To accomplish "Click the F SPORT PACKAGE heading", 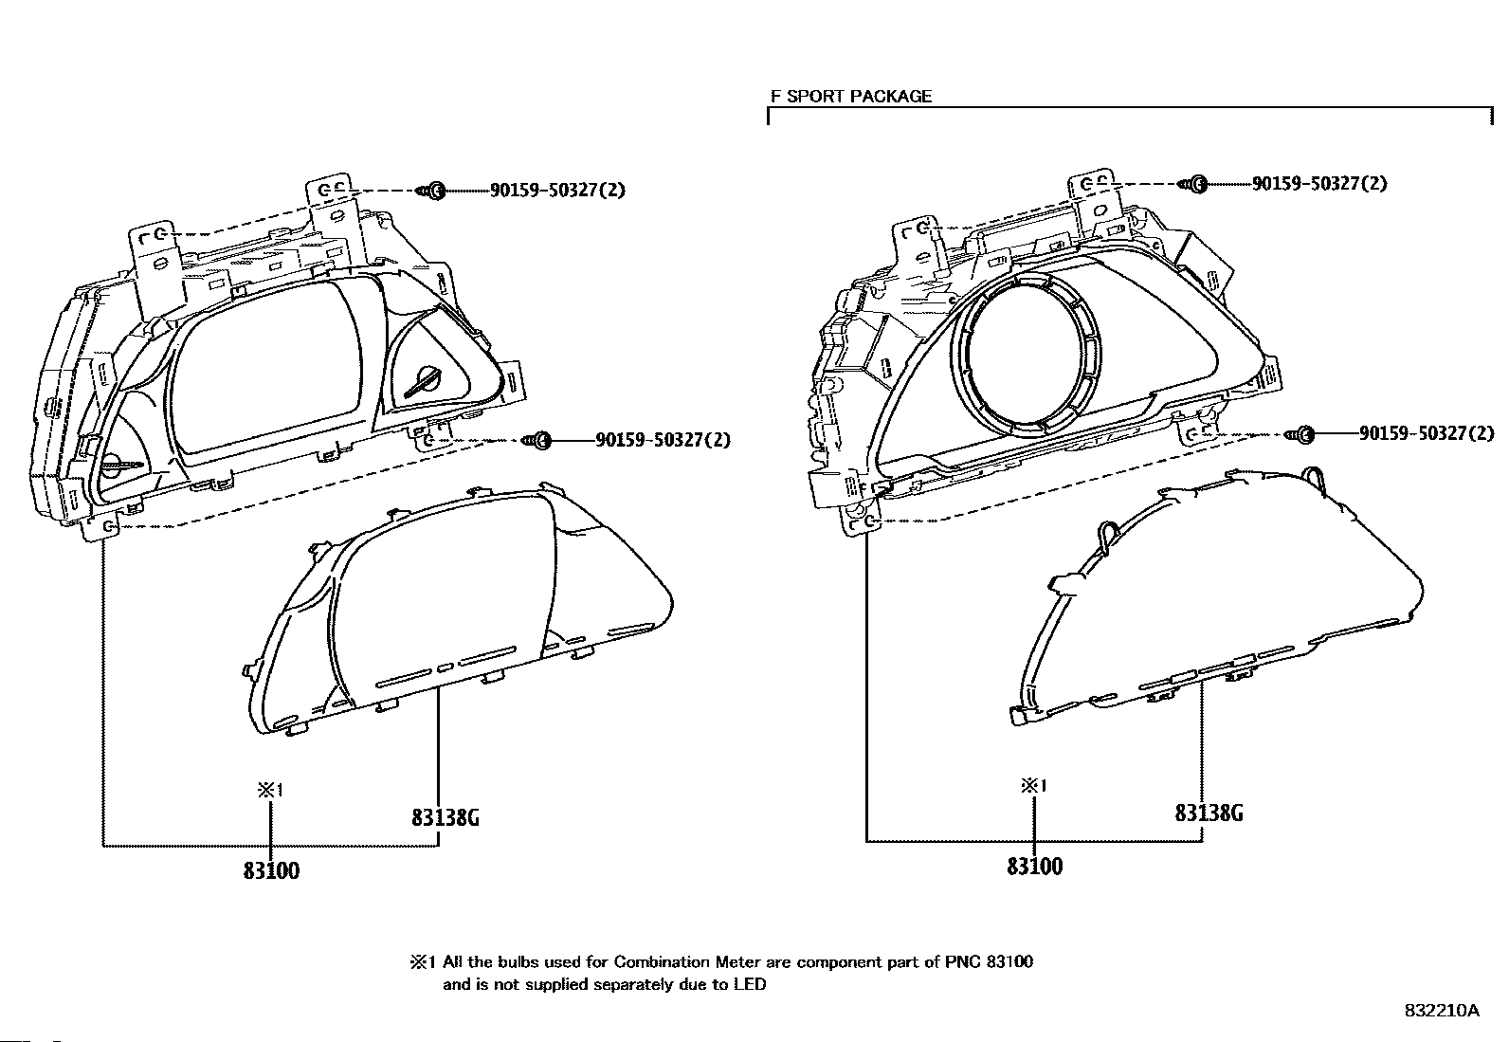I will [850, 96].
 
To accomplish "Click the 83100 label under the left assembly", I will [271, 870].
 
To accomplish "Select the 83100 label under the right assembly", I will [1034, 867].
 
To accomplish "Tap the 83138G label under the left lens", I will [445, 817].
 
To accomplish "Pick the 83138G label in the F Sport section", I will [1209, 813].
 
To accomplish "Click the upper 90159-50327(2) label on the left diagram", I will [557, 191].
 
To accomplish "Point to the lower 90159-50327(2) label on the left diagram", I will [663, 440].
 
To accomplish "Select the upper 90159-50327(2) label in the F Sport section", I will [1319, 184].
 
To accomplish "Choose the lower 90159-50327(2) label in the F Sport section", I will [1427, 433].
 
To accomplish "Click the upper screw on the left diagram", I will [433, 191].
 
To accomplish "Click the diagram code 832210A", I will [1441, 1011].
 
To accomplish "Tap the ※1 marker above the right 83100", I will [1033, 786].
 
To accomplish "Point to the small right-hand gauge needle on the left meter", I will [423, 382].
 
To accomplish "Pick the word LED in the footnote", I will [749, 985].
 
